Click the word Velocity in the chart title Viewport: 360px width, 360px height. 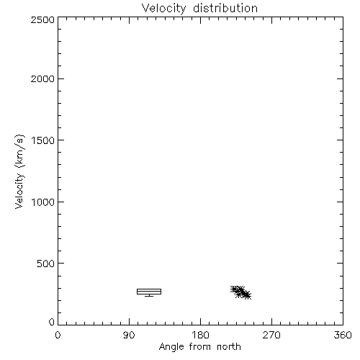tap(163, 9)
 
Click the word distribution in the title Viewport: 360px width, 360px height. tap(225, 8)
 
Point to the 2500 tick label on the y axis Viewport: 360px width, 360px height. tap(42, 19)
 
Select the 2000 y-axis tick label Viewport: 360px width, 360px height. tap(42, 78)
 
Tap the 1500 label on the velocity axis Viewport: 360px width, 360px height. tap(43, 140)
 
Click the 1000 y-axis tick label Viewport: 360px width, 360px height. tap(43, 202)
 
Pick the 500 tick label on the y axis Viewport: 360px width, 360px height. tap(45, 264)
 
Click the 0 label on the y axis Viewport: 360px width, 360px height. tap(52, 322)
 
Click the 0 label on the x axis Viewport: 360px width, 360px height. tap(58, 335)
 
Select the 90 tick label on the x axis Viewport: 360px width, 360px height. tap(129, 335)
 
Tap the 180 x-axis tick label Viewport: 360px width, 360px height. tap(200, 335)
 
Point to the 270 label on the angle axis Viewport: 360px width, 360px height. tap(271, 335)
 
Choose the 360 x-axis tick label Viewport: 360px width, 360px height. tap(343, 335)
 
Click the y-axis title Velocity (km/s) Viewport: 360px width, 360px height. tap(19, 171)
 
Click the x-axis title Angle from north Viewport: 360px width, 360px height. tap(200, 347)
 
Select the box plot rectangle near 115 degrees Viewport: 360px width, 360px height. tap(149, 289)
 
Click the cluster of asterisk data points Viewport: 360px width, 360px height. tap(240, 292)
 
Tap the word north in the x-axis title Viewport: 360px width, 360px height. tap(229, 346)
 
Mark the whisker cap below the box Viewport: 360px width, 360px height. tap(149, 296)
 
